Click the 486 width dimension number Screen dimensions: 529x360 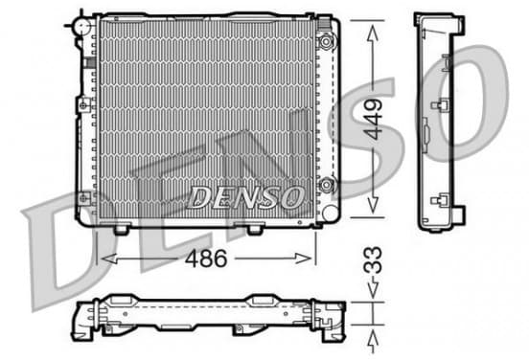tap(206, 259)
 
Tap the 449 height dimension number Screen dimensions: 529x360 tap(375, 120)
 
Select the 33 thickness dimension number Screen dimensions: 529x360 tap(373, 259)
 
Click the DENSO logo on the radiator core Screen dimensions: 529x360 tap(245, 197)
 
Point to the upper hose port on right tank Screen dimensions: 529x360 tap(326, 42)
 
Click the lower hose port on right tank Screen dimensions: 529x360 tap(326, 185)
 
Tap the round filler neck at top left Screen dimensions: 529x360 tap(82, 26)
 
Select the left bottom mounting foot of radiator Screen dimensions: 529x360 tap(121, 230)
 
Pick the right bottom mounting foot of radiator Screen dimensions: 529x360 tap(254, 230)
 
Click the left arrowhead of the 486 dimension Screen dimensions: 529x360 tap(108, 259)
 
